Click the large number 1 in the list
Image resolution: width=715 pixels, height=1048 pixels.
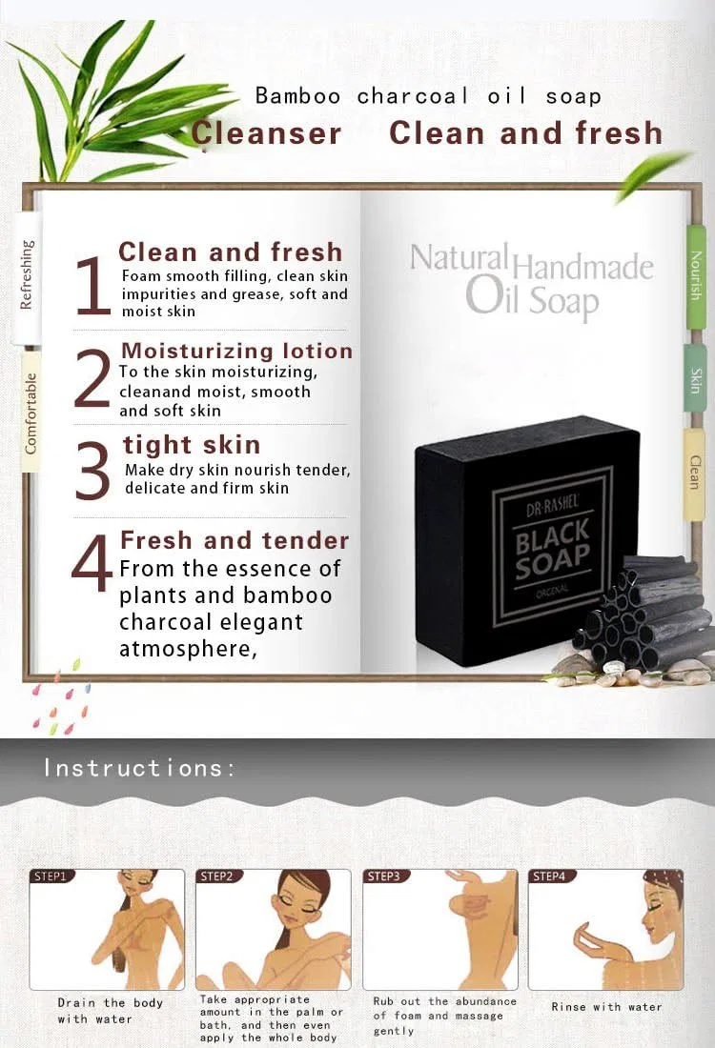(x=93, y=286)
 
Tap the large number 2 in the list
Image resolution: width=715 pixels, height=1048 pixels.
(x=92, y=377)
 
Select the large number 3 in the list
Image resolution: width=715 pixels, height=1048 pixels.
(x=92, y=472)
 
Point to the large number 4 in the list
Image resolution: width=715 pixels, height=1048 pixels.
(x=92, y=563)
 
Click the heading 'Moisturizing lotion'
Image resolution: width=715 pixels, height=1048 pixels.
(x=236, y=351)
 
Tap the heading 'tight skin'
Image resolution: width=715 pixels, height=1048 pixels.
(x=192, y=445)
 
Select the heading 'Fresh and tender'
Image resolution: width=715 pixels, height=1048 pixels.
(x=235, y=540)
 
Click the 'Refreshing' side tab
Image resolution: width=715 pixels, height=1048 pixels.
(x=27, y=274)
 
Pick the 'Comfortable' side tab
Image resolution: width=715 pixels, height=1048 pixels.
(x=31, y=413)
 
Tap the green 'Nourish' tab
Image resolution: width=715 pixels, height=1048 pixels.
(x=696, y=276)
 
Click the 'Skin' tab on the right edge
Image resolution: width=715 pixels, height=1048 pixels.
(x=696, y=380)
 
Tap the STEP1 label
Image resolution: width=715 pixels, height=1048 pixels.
(x=51, y=877)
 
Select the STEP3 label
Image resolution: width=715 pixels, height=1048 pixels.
(x=383, y=877)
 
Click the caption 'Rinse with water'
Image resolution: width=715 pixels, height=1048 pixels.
(x=606, y=1007)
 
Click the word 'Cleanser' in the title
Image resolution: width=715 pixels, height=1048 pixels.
(x=266, y=132)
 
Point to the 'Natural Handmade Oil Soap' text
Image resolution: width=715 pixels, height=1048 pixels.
(x=532, y=281)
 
